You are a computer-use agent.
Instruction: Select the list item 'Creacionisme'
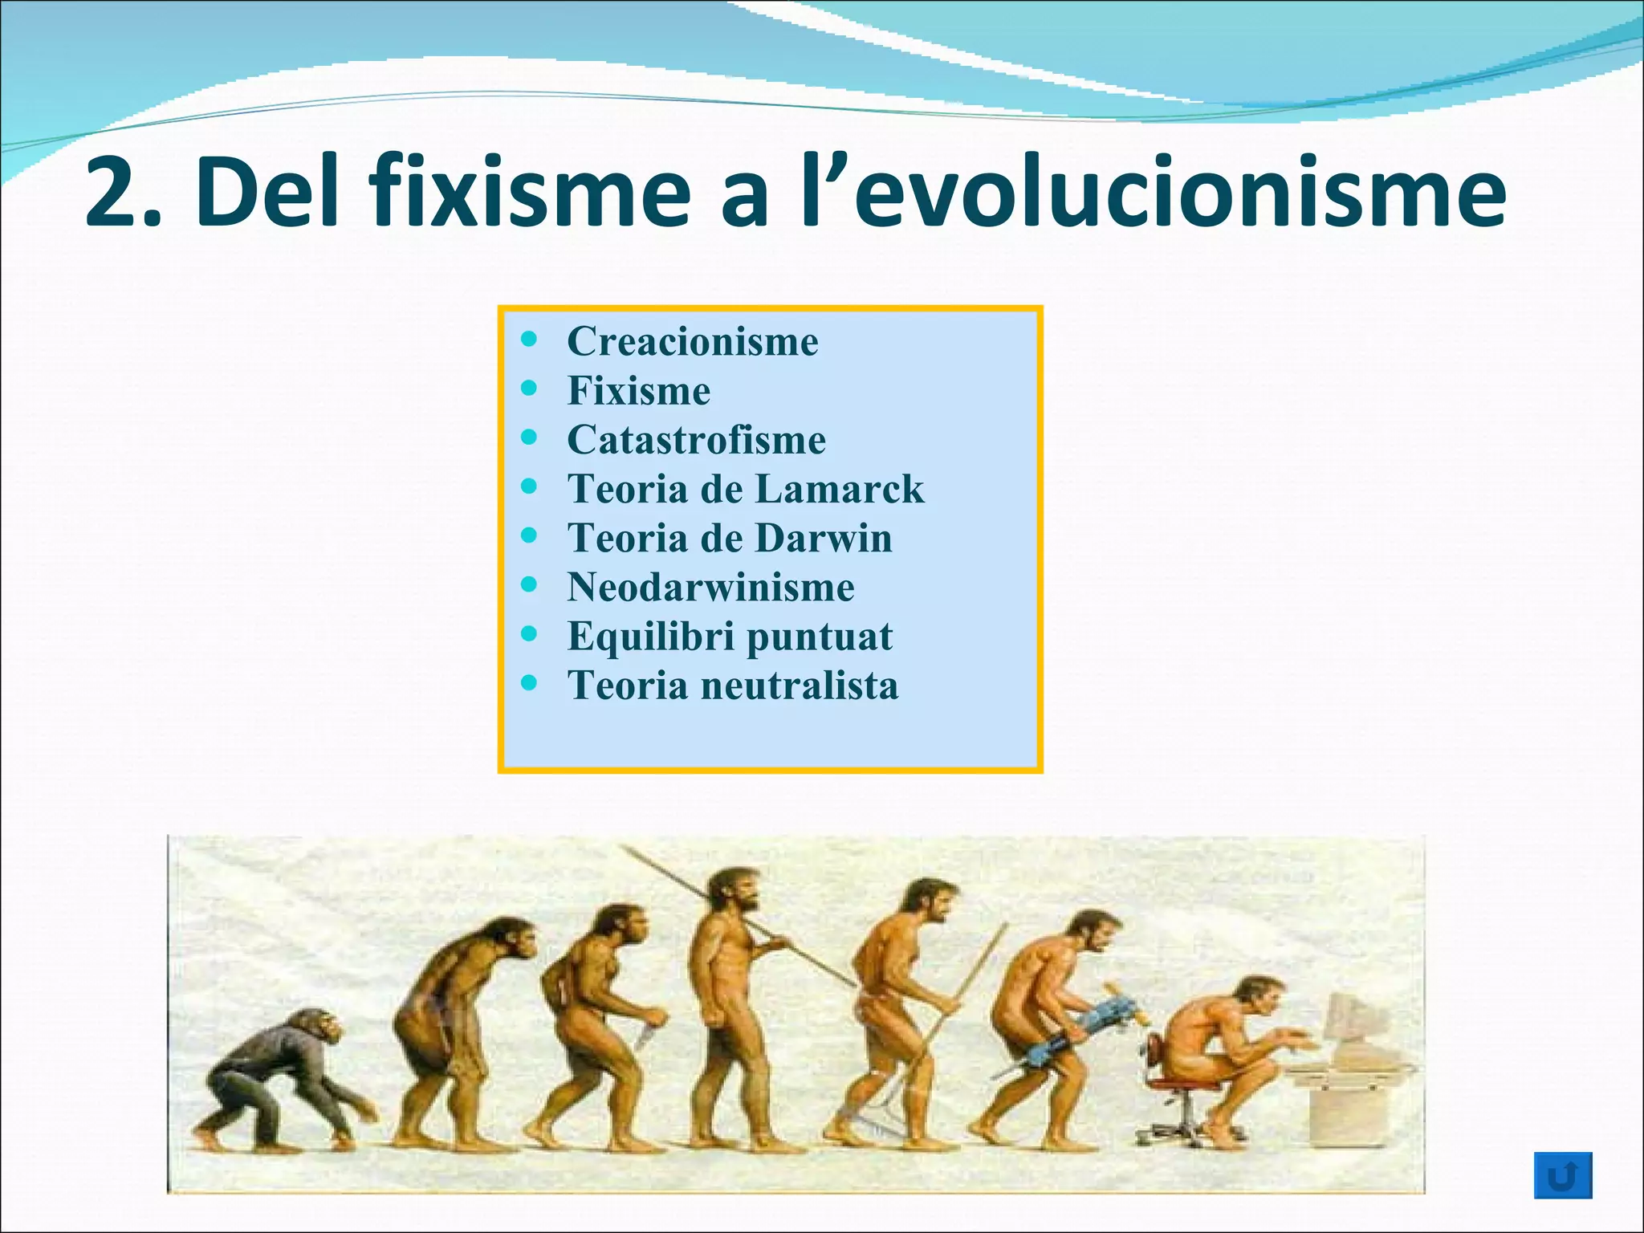[692, 341]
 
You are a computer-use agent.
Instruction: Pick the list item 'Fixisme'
[638, 391]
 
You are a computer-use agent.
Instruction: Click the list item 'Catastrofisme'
[696, 440]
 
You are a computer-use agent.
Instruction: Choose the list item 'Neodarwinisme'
[710, 587]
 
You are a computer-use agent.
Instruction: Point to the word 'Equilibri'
[650, 637]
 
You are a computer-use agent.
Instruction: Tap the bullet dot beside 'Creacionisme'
[528, 339]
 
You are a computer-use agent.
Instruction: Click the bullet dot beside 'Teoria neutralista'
[528, 683]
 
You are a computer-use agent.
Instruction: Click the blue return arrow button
[1562, 1175]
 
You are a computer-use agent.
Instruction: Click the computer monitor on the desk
[1357, 1023]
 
